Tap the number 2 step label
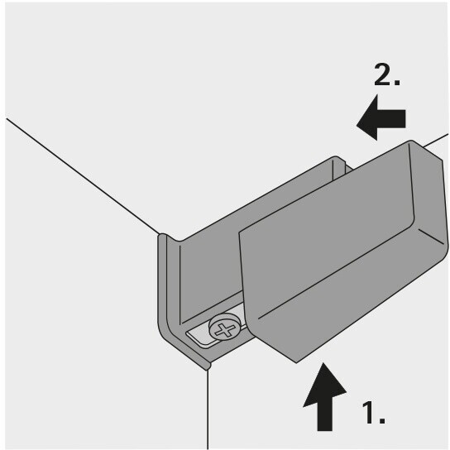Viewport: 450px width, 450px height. click(x=386, y=76)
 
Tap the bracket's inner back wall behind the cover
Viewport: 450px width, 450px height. click(x=207, y=265)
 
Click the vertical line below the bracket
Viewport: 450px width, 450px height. click(x=207, y=409)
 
